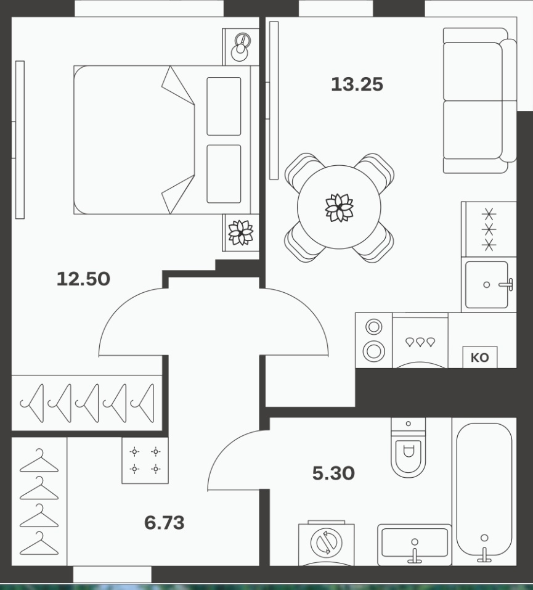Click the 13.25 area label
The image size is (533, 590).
point(357,84)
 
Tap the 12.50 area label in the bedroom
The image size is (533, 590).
point(83,279)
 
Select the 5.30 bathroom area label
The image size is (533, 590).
point(333,473)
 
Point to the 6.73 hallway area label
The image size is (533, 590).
point(165,523)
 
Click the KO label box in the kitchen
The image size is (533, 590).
point(480,357)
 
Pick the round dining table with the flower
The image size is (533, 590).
point(339,207)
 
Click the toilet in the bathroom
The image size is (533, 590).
point(408,448)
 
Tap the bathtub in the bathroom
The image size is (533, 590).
point(484,491)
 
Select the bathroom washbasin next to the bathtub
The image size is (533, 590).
point(415,544)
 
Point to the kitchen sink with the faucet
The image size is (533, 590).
point(489,284)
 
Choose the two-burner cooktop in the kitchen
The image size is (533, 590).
point(374,340)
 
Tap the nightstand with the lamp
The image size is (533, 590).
point(241,47)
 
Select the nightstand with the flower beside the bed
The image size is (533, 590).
point(241,232)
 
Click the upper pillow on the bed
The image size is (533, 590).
point(224,107)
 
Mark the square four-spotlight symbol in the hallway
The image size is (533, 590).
point(145,460)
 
